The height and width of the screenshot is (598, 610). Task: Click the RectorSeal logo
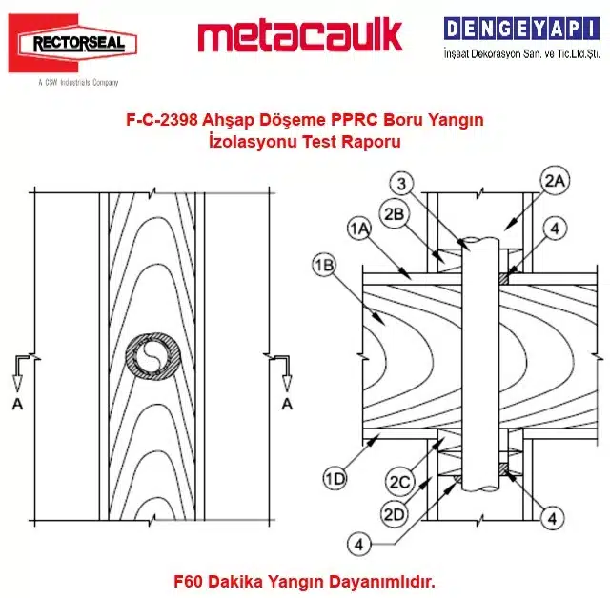[72, 43]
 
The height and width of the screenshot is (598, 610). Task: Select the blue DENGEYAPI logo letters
[521, 29]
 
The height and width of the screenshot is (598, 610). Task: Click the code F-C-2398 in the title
[162, 120]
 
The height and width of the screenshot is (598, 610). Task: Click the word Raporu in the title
[371, 142]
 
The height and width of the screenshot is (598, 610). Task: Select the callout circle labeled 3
[402, 184]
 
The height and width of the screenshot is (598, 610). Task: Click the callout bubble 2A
[555, 181]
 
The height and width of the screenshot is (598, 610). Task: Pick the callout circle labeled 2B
[394, 213]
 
